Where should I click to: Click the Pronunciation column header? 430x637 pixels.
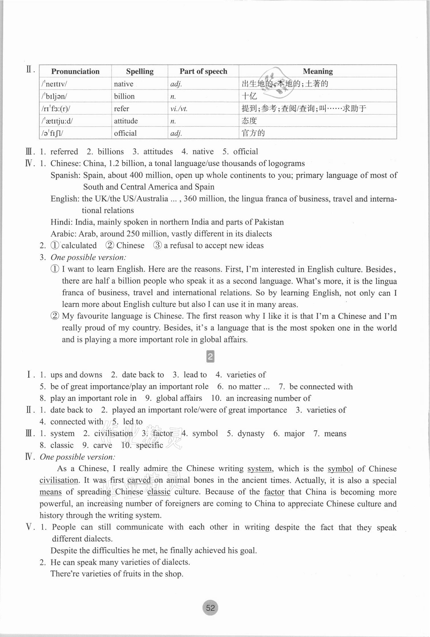75,71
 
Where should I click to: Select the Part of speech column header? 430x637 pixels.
203,71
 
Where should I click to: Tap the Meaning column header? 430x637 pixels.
318,71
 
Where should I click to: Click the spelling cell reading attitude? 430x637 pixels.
126,121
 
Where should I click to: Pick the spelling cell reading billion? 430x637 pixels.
124,96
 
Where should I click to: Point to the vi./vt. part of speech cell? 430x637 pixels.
179,108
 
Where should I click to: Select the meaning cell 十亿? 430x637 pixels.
249,96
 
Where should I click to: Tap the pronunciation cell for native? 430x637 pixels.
54,84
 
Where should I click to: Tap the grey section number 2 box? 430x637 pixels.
210,357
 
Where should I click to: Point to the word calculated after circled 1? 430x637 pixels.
79,245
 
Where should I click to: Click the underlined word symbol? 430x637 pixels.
340,469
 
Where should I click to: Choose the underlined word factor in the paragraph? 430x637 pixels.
274,492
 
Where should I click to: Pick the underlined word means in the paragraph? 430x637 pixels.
50,492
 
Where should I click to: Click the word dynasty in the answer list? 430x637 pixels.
251,434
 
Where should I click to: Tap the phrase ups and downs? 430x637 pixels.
76,375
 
